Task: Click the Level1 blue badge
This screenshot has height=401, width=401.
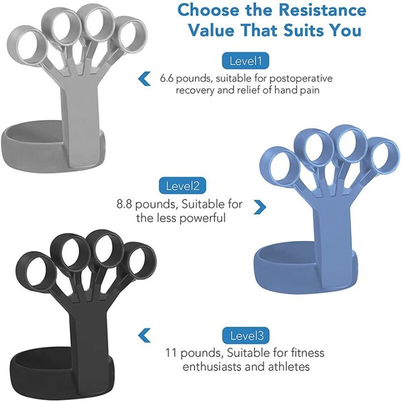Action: pos(246,61)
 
